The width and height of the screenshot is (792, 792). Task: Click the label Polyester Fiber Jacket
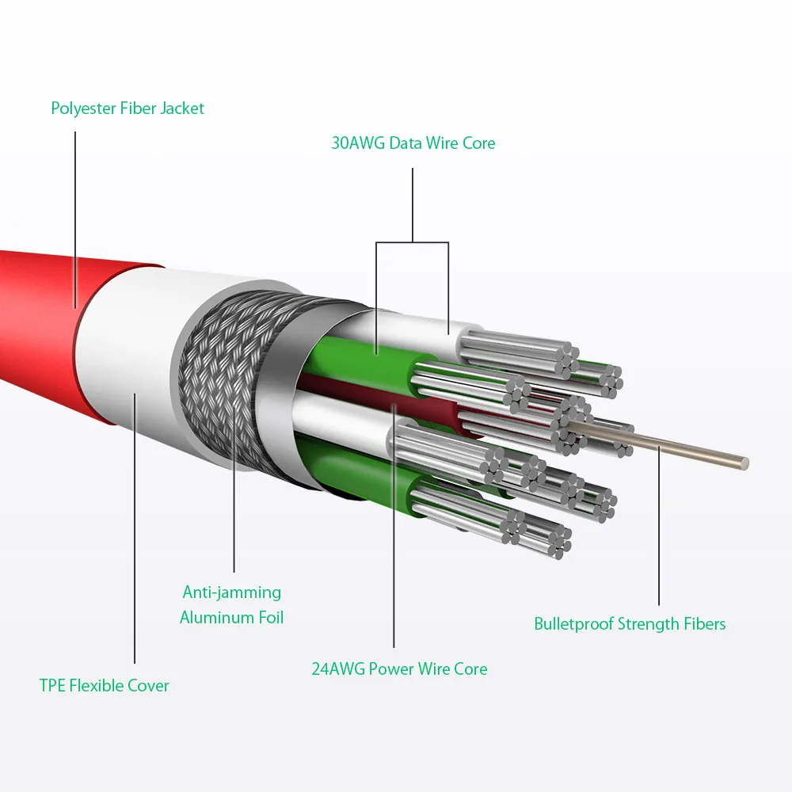click(x=128, y=109)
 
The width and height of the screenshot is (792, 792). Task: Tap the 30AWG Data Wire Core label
click(x=413, y=143)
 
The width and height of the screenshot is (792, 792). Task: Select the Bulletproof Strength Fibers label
click(x=630, y=624)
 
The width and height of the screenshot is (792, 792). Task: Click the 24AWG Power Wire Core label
click(x=399, y=668)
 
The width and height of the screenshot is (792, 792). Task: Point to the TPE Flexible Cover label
click(x=105, y=685)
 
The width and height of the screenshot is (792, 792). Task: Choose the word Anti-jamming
click(x=232, y=592)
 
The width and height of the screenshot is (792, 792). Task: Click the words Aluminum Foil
click(x=232, y=617)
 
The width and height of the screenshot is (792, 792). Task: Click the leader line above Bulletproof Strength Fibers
click(x=659, y=539)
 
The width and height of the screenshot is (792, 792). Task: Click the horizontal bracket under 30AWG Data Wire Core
click(x=413, y=242)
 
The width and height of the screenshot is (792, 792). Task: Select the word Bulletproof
click(x=573, y=624)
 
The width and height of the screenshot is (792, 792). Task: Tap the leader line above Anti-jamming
click(x=234, y=515)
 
